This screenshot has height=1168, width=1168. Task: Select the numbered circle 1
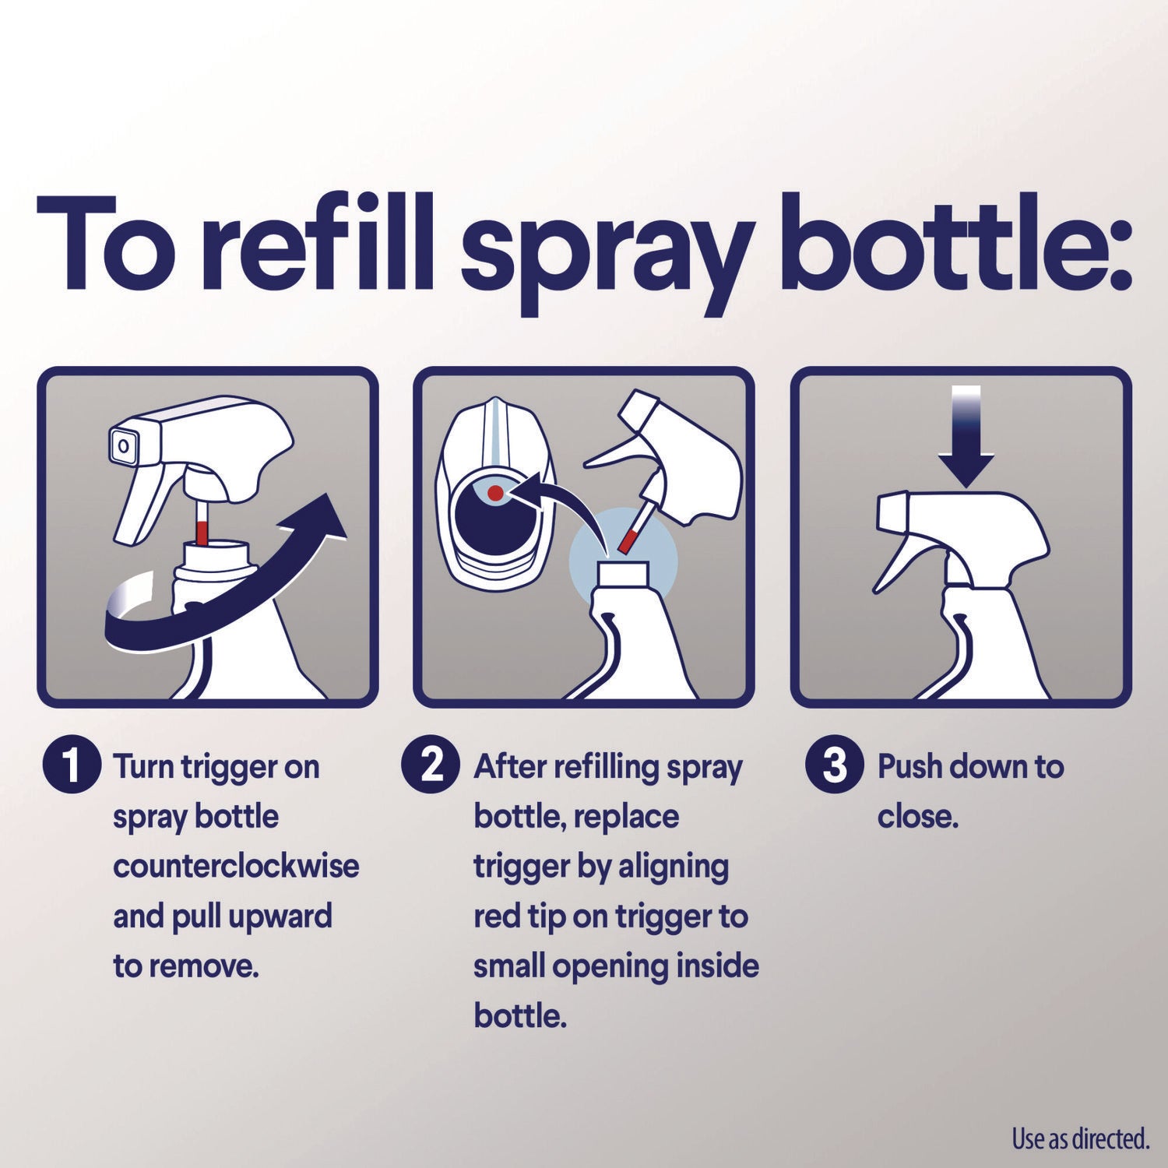pos(72,765)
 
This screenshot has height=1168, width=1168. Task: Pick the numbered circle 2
pos(431,765)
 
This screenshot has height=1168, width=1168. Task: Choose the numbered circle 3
pos(834,765)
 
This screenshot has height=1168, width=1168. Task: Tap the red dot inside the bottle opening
pos(495,493)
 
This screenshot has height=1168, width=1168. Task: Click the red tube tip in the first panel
pos(202,533)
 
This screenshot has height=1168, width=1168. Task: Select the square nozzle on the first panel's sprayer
pos(123,446)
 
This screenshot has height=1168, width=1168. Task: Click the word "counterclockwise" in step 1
pos(236,866)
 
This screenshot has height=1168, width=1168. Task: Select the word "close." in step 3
pos(917,816)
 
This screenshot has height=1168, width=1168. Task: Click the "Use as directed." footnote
pos(1080,1139)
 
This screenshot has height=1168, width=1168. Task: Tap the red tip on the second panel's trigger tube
pos(629,540)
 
